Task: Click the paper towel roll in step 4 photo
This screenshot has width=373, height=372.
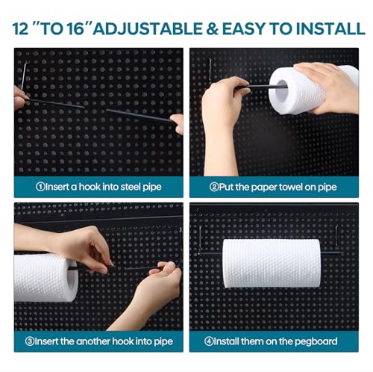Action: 272,263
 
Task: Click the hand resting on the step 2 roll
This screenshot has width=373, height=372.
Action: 328,84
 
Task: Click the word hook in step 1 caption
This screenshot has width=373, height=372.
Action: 84,186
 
